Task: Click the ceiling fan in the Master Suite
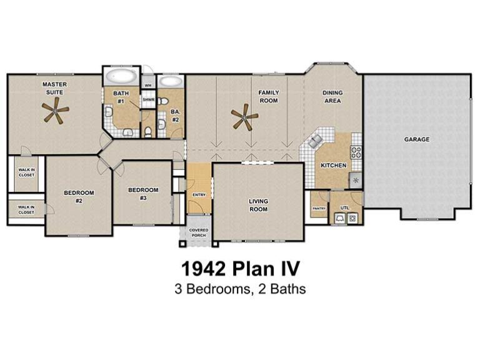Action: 56,112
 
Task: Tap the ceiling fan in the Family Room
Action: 244,117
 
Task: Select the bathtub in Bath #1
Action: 120,78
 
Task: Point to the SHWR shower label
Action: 148,99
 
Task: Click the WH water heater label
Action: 148,84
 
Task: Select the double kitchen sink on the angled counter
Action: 314,141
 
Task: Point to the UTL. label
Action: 345,207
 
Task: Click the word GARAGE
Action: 416,139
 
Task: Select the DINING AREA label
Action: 332,96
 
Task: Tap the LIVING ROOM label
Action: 258,205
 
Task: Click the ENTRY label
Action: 199,195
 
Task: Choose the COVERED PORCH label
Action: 199,233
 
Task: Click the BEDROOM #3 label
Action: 143,194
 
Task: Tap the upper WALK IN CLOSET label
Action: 26,171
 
